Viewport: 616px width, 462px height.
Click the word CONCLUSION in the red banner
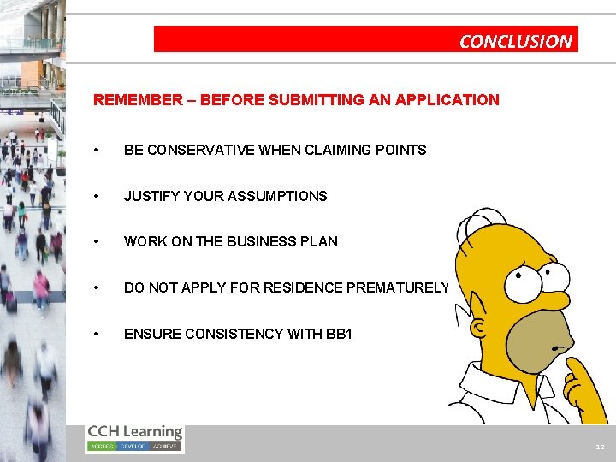tap(515, 40)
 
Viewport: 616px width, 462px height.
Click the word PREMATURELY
tap(398, 287)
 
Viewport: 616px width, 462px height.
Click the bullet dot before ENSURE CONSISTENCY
tap(101, 334)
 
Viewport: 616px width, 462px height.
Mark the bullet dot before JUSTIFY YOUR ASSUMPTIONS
tap(101, 196)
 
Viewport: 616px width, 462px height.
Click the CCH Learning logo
tap(134, 438)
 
